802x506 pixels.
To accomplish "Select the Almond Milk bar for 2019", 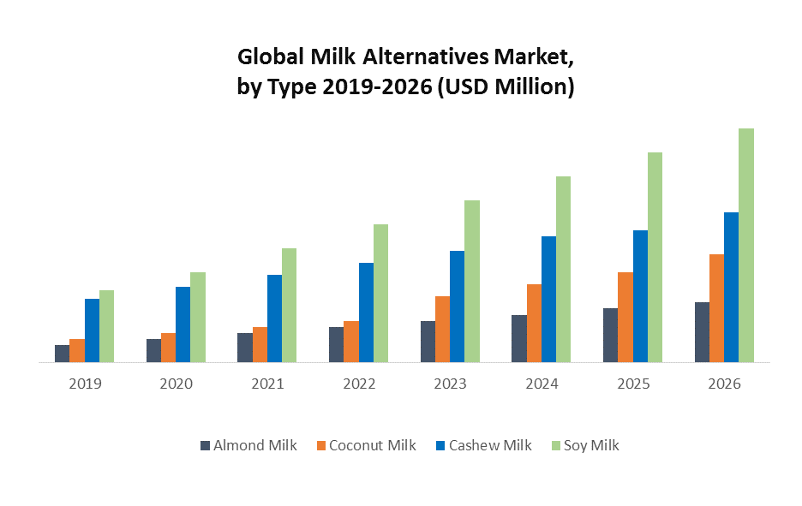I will pos(62,354).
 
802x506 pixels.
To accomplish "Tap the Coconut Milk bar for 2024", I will pos(534,324).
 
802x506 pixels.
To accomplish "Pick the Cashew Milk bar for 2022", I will pos(366,313).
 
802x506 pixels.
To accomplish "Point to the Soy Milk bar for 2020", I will pos(198,318).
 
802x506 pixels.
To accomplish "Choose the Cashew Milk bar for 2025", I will pos(640,296).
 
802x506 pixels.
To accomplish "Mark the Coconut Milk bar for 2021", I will pos(260,345).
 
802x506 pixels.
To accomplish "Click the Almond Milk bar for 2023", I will pos(428,342).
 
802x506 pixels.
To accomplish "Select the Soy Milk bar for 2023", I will pos(472,282).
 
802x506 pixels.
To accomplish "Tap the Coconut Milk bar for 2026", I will pos(716,308).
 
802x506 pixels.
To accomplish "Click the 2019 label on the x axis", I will pos(85,384).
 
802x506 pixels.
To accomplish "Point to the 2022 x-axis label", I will pos(359,384).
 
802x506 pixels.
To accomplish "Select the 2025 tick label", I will pos(633,384).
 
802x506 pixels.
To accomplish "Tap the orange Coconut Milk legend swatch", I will pos(321,445).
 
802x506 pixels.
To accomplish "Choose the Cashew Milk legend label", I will pos(490,445).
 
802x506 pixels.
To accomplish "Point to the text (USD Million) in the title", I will pos(505,86).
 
